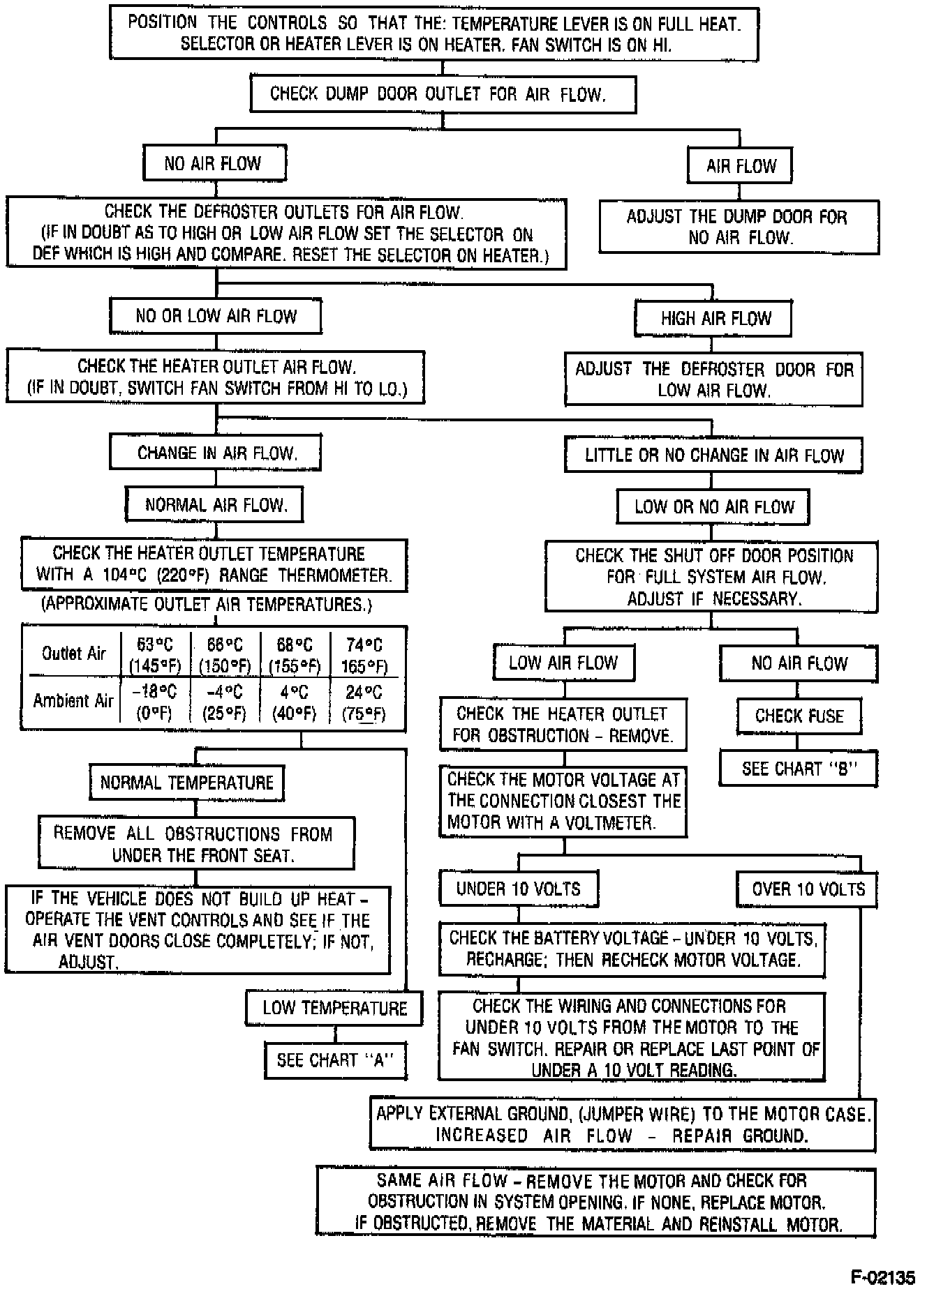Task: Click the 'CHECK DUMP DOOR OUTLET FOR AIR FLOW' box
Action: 443,94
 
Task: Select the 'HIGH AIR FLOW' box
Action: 713,319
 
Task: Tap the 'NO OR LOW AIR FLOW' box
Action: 215,316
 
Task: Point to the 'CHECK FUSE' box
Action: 799,716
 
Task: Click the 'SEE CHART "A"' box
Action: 335,1060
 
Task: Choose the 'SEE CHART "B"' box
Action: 798,769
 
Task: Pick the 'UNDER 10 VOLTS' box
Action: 518,889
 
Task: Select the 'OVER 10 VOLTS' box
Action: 808,889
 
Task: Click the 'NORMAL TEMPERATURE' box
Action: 186,782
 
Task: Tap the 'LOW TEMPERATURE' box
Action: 334,1008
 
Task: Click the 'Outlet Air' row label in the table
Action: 73,654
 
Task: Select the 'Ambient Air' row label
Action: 73,700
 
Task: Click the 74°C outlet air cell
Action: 364,655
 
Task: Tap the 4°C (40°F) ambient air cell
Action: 294,702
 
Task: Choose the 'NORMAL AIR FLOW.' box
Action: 215,504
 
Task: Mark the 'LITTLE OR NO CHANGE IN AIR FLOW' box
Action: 713,455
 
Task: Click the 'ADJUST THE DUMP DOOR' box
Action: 739,227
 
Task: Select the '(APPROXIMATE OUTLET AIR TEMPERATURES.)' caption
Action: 207,604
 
